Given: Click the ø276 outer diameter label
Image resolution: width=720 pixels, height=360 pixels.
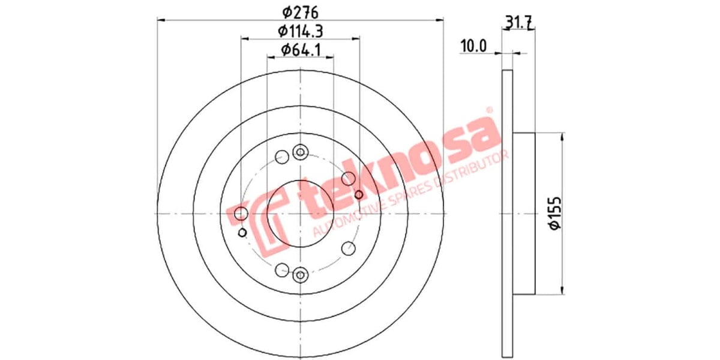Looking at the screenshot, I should (x=300, y=11).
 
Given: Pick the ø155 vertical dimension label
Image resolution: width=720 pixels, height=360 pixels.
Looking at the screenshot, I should (x=555, y=213).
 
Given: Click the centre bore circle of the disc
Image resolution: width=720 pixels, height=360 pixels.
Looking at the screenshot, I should (x=300, y=213).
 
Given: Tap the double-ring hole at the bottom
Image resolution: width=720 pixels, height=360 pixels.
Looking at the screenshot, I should (x=300, y=275).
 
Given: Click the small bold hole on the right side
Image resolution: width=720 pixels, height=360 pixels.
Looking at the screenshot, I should (x=359, y=194).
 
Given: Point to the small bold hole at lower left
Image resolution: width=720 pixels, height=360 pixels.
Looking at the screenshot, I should (x=242, y=232).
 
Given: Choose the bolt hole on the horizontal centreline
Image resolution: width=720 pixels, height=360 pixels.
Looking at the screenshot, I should (x=241, y=213).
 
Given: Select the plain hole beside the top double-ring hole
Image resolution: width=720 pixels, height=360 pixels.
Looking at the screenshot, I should (x=281, y=158).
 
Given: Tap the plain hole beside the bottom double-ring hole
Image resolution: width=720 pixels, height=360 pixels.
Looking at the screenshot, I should (x=281, y=269).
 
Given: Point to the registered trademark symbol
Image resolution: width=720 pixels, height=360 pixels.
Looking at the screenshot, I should (x=489, y=110).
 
